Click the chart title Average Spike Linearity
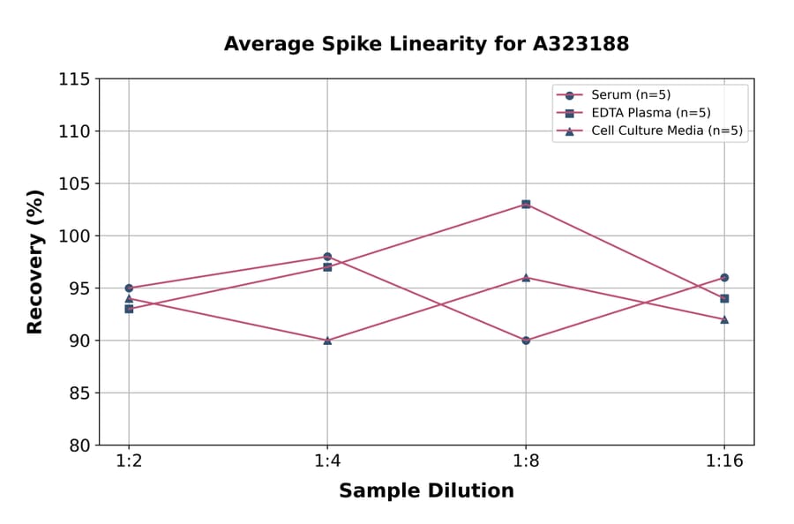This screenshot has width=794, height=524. tap(426, 44)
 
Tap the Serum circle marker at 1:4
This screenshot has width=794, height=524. tap(327, 257)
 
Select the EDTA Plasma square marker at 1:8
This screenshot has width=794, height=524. tap(526, 204)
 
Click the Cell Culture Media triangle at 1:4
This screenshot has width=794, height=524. tap(327, 340)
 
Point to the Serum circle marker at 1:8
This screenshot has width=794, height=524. tap(526, 340)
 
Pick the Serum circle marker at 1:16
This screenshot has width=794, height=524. tap(724, 277)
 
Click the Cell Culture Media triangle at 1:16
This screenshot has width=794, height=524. tap(724, 319)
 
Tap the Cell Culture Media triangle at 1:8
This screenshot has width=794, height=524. tap(526, 277)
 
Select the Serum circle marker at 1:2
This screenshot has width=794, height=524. tap(129, 288)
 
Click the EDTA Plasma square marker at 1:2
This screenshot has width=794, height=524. tap(129, 309)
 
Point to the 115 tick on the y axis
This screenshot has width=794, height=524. tap(74, 79)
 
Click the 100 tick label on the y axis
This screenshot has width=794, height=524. tap(74, 236)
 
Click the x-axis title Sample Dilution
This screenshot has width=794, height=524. tap(426, 491)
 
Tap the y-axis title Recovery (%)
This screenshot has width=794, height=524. tap(35, 262)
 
